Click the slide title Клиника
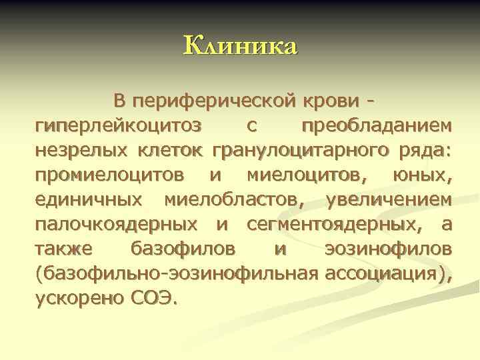(240, 47)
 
